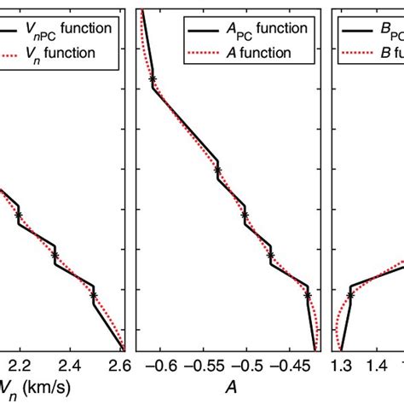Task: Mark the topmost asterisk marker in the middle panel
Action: point(153,80)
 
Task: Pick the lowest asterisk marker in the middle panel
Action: point(308,295)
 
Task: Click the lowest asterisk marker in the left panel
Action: point(94,295)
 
